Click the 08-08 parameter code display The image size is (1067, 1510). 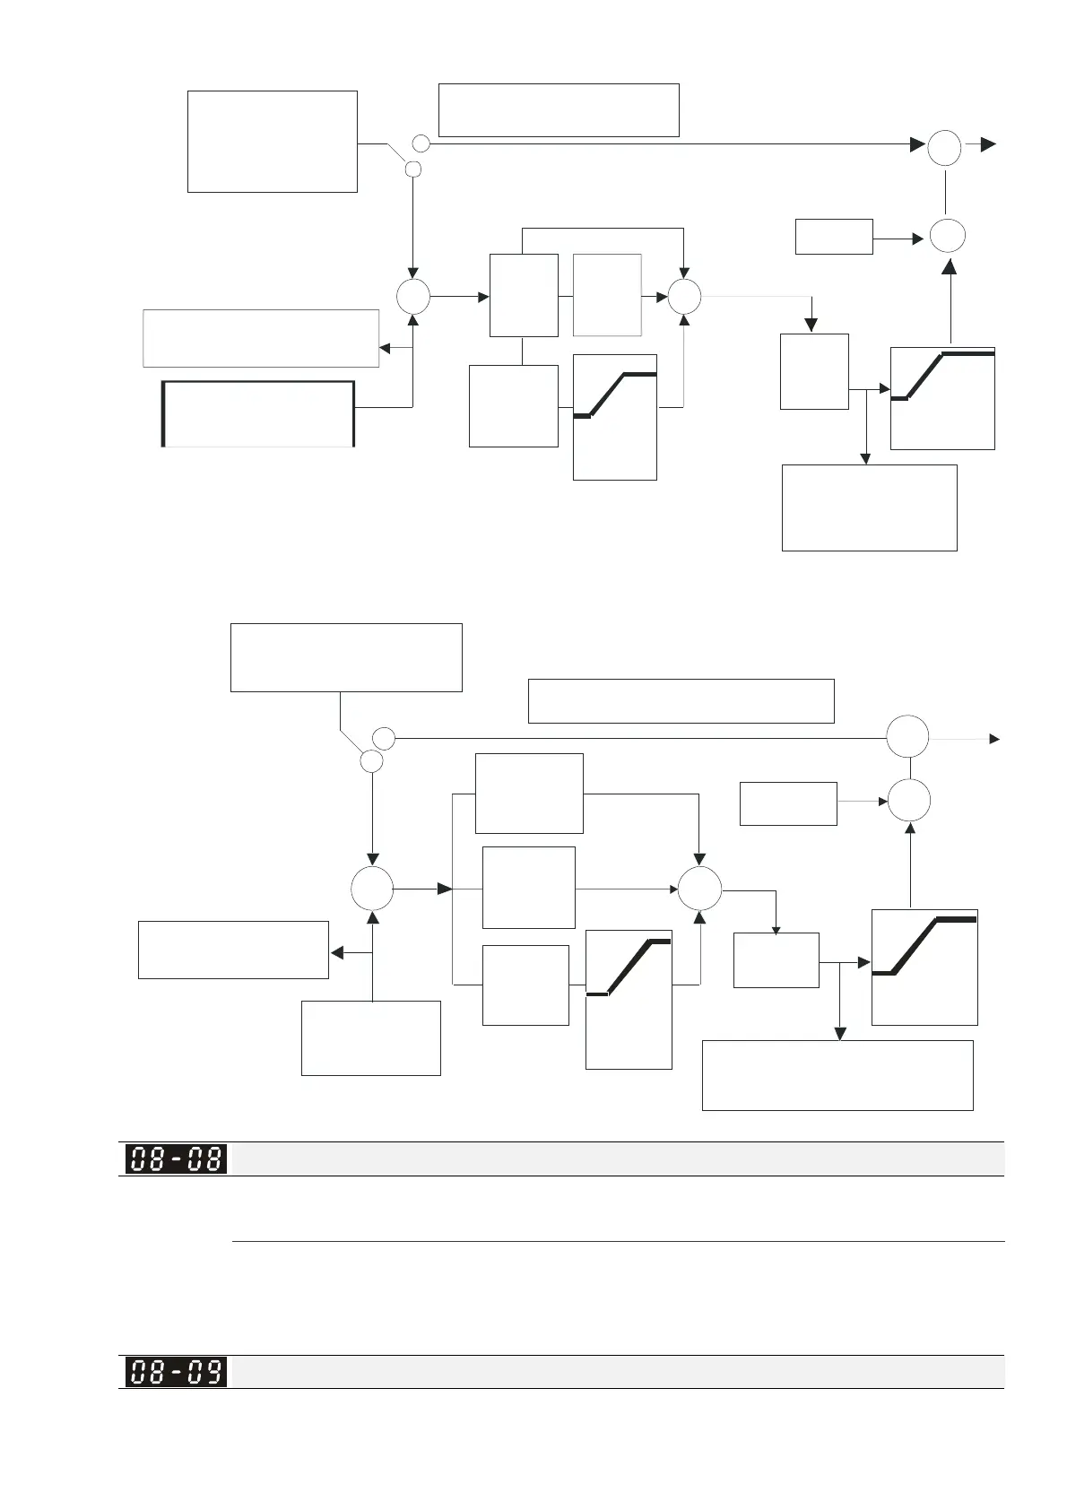(176, 1159)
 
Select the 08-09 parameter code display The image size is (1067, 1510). (176, 1372)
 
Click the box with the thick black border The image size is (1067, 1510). (258, 413)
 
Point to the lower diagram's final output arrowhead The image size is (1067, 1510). (993, 739)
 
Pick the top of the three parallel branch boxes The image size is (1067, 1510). (529, 794)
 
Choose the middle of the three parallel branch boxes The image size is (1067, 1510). (529, 888)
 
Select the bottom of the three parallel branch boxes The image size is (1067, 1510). (525, 985)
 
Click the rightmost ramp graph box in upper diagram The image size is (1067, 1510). (942, 398)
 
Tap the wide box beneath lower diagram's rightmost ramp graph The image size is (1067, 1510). (837, 1075)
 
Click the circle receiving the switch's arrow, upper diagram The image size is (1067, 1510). (413, 297)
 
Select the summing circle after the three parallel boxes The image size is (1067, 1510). (700, 890)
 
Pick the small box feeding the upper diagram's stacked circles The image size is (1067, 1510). (834, 237)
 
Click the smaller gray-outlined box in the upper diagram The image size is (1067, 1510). (607, 295)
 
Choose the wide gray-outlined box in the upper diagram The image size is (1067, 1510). (261, 338)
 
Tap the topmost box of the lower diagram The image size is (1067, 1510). (346, 657)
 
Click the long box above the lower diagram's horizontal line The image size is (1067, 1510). (681, 701)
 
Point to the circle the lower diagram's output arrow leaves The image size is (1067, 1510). (908, 738)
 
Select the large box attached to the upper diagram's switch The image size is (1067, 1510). (273, 142)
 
